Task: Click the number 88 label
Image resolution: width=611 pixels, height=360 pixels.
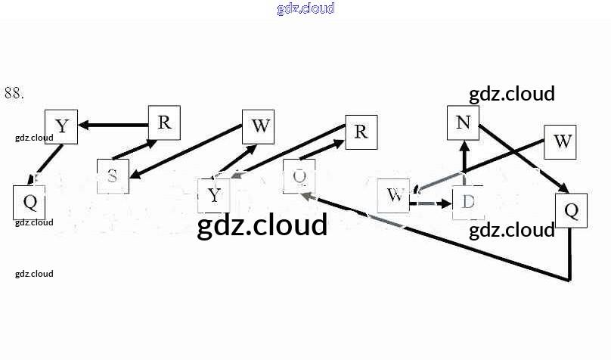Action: pos(14,93)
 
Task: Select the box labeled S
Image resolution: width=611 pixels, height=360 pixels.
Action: pos(113,176)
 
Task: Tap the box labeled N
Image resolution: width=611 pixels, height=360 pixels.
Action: pos(463,123)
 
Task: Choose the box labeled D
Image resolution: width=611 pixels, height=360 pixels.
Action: pos(467,202)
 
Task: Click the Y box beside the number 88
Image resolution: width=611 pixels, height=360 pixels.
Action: pos(61,126)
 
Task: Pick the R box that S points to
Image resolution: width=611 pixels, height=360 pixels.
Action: pos(164,123)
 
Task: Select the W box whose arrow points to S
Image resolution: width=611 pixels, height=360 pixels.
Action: pos(259,126)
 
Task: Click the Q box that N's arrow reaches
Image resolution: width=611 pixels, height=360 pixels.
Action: pos(571,209)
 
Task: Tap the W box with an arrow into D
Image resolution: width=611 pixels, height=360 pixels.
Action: pos(393,195)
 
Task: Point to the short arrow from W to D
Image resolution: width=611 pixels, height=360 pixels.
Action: pos(430,203)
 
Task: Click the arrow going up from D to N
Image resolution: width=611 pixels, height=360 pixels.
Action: pos(464,157)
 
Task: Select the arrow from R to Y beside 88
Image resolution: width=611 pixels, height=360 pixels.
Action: pos(113,125)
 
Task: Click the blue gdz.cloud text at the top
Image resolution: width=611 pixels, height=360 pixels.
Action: pos(305,9)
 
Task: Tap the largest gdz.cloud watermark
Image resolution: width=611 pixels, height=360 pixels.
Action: pos(262,225)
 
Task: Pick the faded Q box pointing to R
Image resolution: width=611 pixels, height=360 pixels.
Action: pos(299,176)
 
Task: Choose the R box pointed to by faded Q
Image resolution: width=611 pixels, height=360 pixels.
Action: pos(361,132)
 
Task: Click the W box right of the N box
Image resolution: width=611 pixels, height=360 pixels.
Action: pos(560,141)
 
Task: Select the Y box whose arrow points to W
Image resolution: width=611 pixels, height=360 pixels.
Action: pos(214,195)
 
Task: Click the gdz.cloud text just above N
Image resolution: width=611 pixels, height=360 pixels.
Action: pos(512,94)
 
